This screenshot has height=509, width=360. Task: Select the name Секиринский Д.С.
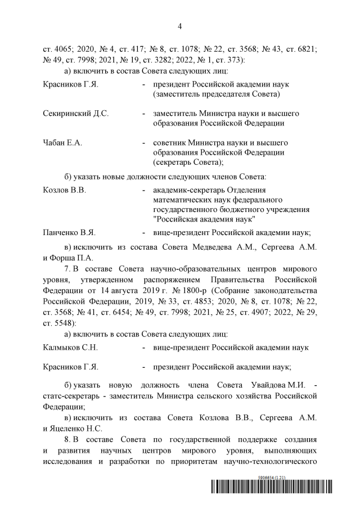(x=76, y=113)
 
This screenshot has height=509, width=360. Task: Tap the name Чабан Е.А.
(x=62, y=143)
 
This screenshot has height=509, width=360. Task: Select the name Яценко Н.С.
(x=72, y=427)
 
